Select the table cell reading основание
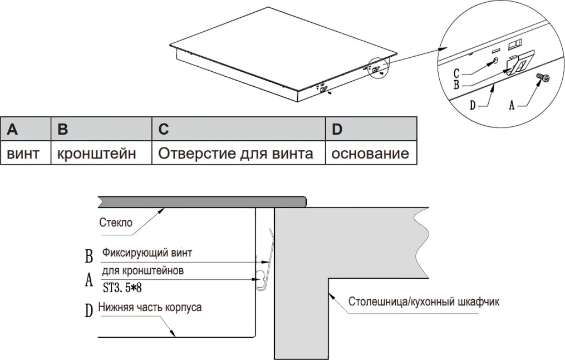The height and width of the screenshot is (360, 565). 370,153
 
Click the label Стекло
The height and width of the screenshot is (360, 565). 116,223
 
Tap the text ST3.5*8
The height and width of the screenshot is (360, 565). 126,288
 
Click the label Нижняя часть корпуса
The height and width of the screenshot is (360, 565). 150,307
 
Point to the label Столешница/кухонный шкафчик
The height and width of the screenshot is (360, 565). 424,303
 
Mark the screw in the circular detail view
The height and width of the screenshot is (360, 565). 542,78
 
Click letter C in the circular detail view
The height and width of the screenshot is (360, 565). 456,73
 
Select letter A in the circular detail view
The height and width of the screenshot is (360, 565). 512,105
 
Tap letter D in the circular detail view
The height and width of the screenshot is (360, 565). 473,105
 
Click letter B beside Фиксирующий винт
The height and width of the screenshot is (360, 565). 89,257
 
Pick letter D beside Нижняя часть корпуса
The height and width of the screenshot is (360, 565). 89,310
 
